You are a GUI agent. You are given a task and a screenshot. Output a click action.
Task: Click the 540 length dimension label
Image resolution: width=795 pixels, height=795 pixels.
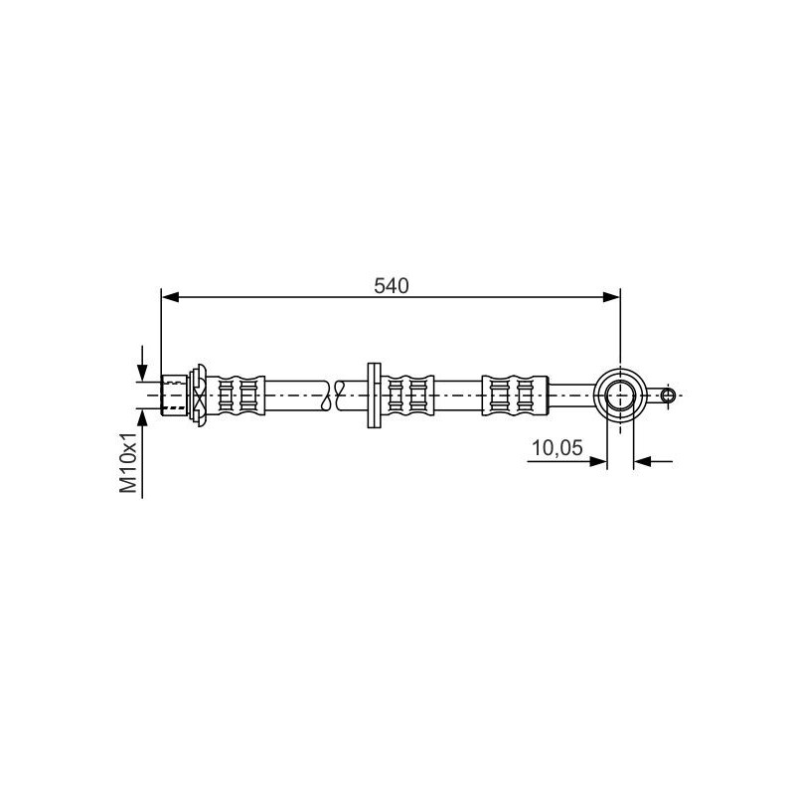(391, 286)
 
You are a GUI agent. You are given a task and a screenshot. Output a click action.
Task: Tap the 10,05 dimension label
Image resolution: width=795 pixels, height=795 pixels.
(557, 448)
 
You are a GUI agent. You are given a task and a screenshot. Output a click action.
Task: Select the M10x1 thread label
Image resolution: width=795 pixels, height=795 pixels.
(128, 462)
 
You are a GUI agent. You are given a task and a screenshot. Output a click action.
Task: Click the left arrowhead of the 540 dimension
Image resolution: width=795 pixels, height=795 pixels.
(170, 297)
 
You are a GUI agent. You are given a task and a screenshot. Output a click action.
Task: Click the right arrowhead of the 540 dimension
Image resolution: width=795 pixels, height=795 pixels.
(611, 297)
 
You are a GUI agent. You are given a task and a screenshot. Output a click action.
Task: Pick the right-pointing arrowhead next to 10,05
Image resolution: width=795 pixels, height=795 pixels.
(598, 461)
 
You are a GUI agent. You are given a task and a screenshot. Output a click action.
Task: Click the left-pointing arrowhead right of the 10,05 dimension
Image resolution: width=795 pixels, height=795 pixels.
(642, 461)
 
